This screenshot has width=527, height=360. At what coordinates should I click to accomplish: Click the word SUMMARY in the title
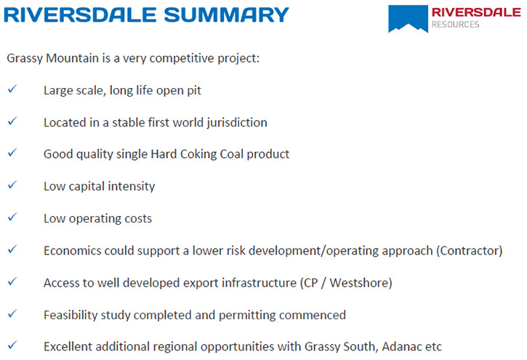pyautogui.click(x=226, y=15)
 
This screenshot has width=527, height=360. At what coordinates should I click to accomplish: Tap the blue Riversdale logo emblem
pyautogui.click(x=408, y=18)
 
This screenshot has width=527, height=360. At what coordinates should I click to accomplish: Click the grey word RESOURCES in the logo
pyautogui.click(x=456, y=25)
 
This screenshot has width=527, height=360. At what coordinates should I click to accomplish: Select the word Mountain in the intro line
pyautogui.click(x=73, y=58)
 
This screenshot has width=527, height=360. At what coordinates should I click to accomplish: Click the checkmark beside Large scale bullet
pyautogui.click(x=12, y=89)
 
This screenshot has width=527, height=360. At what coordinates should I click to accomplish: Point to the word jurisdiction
pyautogui.click(x=237, y=123)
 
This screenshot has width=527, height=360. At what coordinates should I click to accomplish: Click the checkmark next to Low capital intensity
pyautogui.click(x=12, y=185)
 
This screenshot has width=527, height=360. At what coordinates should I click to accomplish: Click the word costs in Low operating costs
pyautogui.click(x=138, y=219)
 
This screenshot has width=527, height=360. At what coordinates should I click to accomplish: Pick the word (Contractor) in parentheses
pyautogui.click(x=470, y=251)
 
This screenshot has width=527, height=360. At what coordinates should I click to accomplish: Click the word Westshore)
pyautogui.click(x=361, y=283)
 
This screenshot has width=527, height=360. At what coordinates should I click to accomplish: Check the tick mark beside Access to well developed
pyautogui.click(x=12, y=281)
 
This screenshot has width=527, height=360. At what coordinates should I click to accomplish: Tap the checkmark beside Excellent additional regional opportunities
pyautogui.click(x=12, y=345)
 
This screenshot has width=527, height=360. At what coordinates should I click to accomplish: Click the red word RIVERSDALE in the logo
pyautogui.click(x=476, y=12)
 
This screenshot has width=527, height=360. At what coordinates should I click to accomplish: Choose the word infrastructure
pyautogui.click(x=259, y=283)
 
